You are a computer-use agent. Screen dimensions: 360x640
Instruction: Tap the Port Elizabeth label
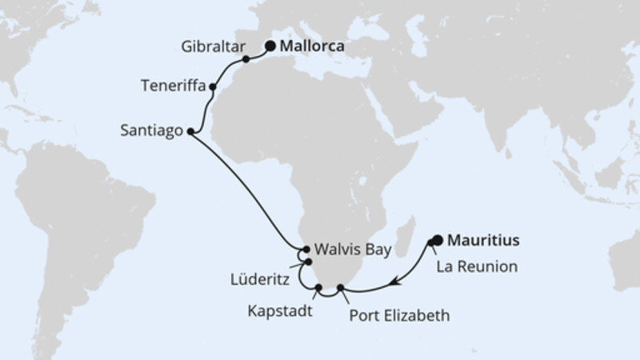(x=399, y=315)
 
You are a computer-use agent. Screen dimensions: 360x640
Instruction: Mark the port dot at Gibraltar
(x=246, y=59)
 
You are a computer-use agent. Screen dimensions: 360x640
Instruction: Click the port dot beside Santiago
(x=190, y=132)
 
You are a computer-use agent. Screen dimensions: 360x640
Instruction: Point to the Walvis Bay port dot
(x=307, y=250)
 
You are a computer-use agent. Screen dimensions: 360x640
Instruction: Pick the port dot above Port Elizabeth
(x=341, y=287)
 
